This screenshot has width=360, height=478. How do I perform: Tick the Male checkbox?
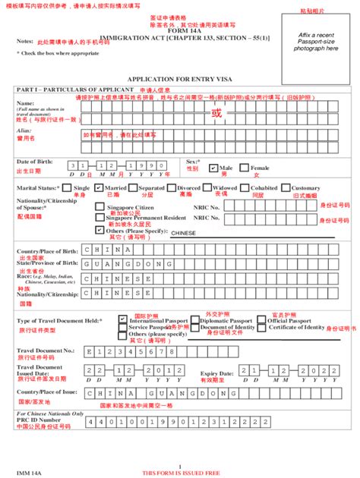coord(215,168)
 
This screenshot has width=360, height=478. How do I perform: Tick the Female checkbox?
coord(245,168)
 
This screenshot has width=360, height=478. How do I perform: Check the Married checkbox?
coord(99,187)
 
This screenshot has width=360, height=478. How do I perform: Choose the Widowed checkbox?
coord(208,187)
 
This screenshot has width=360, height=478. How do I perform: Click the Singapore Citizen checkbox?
coord(99,206)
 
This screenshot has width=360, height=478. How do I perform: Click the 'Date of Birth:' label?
coord(34,162)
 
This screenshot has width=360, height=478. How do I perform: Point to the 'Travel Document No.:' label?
coord(46,350)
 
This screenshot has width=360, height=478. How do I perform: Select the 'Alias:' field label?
coord(24,131)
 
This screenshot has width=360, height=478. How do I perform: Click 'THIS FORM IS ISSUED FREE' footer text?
coord(179,472)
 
